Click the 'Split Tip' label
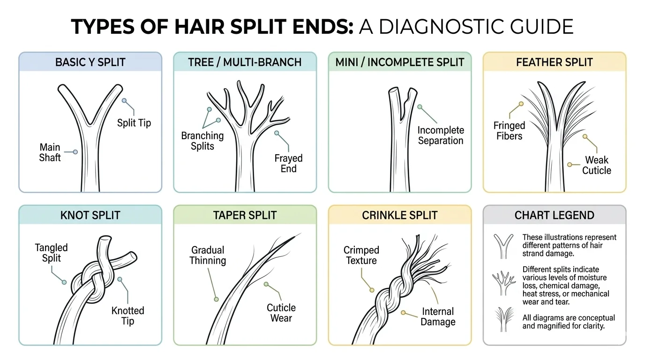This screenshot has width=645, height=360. coord(134,123)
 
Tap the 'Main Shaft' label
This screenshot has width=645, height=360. coord(50,152)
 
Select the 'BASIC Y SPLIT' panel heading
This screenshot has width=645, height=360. coord(90,62)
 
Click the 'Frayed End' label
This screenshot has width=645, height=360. coord(288,164)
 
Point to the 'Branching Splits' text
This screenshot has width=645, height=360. coord(202,141)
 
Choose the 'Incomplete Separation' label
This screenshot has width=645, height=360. coord(441,135)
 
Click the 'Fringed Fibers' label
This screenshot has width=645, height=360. coord(509,131)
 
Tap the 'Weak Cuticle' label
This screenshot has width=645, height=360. coord(596,165)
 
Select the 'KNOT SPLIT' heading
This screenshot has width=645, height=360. coord(90,216)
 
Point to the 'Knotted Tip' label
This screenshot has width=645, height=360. coord(127,315)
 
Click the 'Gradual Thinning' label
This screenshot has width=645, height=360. coord(208,255)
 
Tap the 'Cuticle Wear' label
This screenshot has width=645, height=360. coord(281,313)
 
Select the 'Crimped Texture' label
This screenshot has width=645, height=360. coord(361,255)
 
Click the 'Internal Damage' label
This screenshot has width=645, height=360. coord(438,316)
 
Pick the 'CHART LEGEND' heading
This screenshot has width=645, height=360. coord(554,216)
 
